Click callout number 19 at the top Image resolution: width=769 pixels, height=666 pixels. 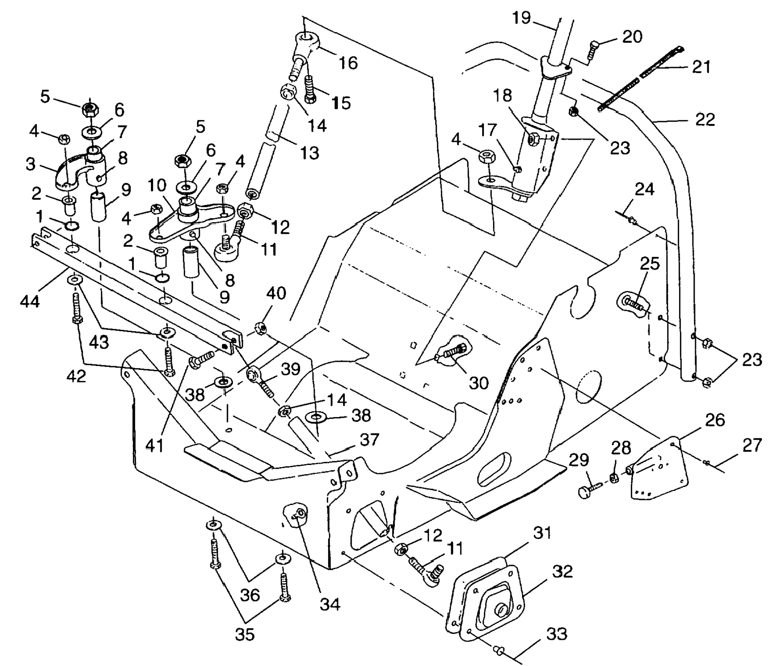click(x=521, y=18)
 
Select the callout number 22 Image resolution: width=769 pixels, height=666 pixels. click(x=705, y=119)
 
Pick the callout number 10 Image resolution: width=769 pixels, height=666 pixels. click(x=157, y=186)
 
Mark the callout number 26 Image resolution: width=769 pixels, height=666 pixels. click(x=715, y=420)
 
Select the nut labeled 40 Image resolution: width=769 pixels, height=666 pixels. click(x=260, y=328)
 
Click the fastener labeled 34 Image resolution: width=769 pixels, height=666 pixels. click(x=297, y=515)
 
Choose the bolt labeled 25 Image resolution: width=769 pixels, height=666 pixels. click(x=633, y=303)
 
